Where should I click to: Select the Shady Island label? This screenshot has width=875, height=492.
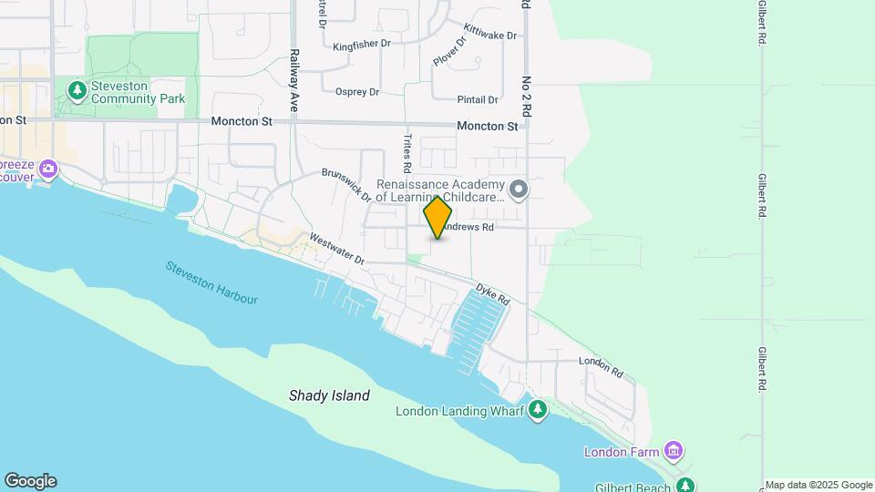pyautogui.click(x=329, y=395)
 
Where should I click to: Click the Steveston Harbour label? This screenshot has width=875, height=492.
pyautogui.click(x=211, y=282)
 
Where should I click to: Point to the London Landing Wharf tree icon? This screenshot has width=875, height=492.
pyautogui.click(x=538, y=411)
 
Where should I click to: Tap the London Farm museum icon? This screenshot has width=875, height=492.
pyautogui.click(x=674, y=451)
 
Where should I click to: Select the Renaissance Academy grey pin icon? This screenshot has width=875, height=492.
pyautogui.click(x=519, y=190)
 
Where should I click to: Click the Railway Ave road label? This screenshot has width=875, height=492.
pyautogui.click(x=294, y=81)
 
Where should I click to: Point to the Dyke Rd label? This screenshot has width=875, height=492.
pyautogui.click(x=491, y=293)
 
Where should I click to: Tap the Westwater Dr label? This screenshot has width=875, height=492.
pyautogui.click(x=336, y=250)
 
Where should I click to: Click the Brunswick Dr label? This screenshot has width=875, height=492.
pyautogui.click(x=346, y=184)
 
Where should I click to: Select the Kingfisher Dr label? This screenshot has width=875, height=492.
pyautogui.click(x=361, y=46)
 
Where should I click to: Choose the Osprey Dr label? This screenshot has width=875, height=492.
pyautogui.click(x=356, y=91)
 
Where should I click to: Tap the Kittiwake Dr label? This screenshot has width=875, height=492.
pyautogui.click(x=489, y=32)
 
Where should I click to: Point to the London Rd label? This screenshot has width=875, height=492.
pyautogui.click(x=601, y=366)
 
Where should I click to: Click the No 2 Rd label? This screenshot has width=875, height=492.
pyautogui.click(x=526, y=96)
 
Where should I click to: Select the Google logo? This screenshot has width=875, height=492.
pyautogui.click(x=30, y=481)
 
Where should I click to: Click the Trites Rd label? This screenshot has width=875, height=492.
pyautogui.click(x=407, y=154)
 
